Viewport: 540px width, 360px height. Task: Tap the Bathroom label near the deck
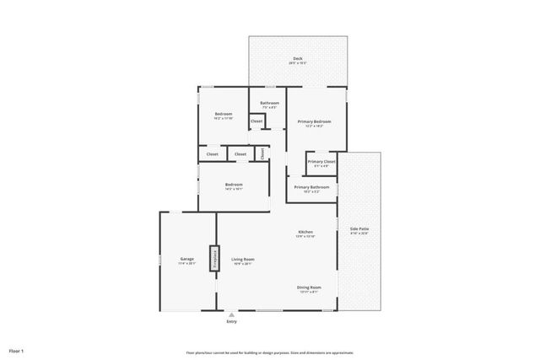270,103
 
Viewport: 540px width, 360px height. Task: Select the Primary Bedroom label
314,122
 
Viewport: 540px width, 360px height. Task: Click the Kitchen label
305,232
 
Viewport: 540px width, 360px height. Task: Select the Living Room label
244,260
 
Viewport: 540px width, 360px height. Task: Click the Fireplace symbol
214,257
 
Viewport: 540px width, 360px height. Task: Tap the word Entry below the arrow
232,322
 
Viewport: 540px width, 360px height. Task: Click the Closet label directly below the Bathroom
256,121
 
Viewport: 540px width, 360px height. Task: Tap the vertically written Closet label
262,153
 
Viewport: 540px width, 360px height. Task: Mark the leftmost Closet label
213,154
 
